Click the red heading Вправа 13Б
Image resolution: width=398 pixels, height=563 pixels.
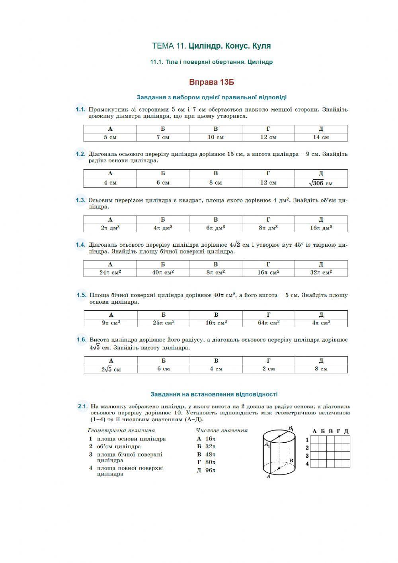click(211, 82)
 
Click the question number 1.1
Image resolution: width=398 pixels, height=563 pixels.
click(80, 110)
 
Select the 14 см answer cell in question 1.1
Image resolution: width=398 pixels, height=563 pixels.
click(321, 137)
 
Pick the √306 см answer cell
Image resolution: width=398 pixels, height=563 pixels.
click(321, 183)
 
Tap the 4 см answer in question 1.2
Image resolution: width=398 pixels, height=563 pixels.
click(110, 183)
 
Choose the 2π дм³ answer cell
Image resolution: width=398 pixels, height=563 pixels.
click(110, 228)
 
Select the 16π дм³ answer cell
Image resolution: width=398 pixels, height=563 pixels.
click(321, 228)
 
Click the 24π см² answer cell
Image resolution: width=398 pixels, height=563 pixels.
click(110, 273)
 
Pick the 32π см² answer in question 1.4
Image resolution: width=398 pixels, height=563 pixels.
click(321, 273)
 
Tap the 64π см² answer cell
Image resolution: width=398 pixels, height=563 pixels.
click(269, 323)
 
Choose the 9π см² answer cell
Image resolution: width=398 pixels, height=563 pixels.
click(111, 323)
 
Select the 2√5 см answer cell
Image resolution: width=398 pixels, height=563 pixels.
click(111, 369)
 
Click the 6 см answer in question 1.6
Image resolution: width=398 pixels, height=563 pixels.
click(164, 369)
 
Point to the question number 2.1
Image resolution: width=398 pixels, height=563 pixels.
click(82, 406)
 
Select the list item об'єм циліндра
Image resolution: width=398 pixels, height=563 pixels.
click(119, 447)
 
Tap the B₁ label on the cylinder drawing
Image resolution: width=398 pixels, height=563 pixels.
click(291, 429)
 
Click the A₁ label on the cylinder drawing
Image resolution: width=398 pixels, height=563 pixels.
click(267, 445)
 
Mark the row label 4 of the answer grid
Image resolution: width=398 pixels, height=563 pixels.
click(307, 464)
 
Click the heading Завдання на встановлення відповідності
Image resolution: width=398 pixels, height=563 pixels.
click(214, 394)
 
